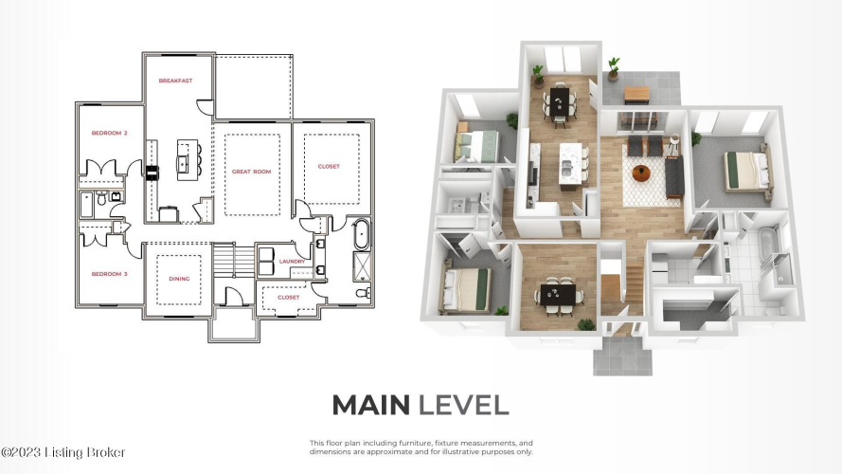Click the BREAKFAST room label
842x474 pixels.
point(175,81)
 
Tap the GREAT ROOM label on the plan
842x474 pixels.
point(251,172)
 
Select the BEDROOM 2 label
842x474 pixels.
point(110,133)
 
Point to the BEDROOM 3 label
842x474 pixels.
point(110,274)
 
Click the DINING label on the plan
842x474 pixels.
point(179,279)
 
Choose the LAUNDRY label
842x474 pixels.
point(292,262)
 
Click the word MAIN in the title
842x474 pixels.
point(371,405)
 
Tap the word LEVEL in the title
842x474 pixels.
point(463,405)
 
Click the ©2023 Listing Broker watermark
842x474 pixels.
point(63,452)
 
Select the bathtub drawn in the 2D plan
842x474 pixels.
point(362,234)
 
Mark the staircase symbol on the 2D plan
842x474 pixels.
point(234,262)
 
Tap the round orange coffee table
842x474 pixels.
point(641,173)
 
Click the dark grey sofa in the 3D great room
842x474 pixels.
point(674,177)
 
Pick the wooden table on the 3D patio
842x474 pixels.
point(636,95)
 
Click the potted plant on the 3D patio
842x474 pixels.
point(613,69)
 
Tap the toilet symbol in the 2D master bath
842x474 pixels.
point(364,293)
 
